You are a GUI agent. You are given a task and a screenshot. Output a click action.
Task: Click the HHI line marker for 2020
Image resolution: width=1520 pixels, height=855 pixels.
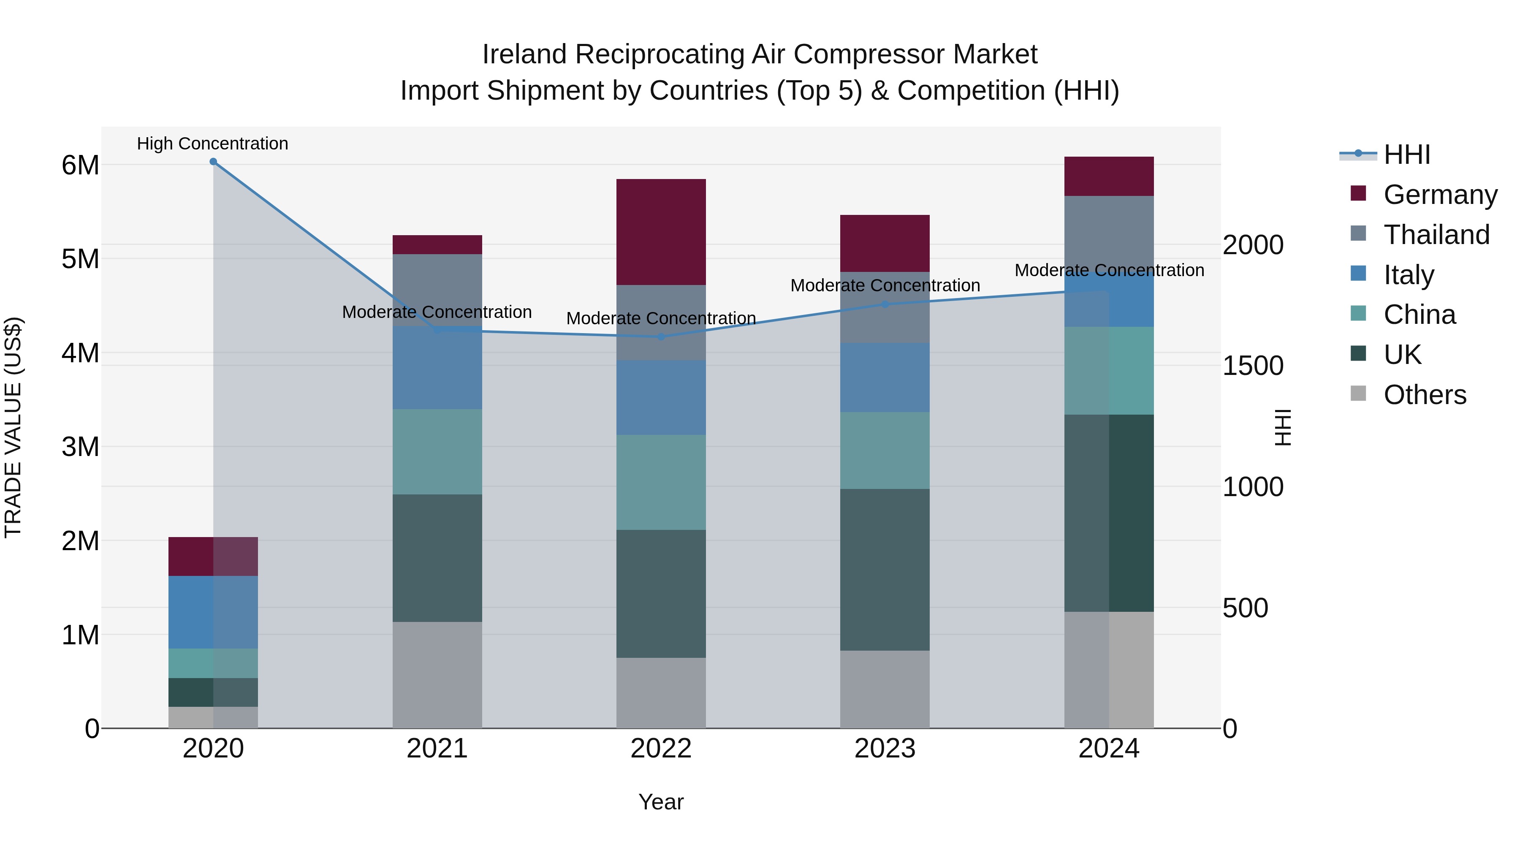(x=213, y=162)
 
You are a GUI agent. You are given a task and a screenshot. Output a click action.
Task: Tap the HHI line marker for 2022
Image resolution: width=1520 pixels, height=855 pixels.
(x=661, y=337)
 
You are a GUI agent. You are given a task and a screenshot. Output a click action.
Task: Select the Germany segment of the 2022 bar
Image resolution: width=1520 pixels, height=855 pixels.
(x=661, y=232)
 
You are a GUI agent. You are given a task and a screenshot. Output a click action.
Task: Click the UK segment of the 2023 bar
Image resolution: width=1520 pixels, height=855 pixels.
(x=885, y=570)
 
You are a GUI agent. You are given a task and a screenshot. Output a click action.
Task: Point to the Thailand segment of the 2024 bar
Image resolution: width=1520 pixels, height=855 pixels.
(x=1109, y=233)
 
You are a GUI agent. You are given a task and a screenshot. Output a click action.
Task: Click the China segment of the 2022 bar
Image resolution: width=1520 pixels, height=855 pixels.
(x=661, y=482)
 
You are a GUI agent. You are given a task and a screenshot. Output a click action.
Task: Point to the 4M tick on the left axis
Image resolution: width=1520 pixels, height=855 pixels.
(x=80, y=353)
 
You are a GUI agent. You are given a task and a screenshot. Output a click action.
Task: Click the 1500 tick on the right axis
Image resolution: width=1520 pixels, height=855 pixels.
(x=1252, y=366)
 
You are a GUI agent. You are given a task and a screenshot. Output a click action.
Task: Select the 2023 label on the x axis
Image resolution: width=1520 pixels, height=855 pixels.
(x=885, y=749)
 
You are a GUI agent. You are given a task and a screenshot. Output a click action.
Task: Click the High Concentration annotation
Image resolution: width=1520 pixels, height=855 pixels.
(x=212, y=144)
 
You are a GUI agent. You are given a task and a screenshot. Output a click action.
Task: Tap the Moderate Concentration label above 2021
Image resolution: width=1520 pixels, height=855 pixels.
(x=437, y=312)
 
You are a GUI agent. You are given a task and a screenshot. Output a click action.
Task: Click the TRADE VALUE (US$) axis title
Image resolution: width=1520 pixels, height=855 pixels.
(x=13, y=427)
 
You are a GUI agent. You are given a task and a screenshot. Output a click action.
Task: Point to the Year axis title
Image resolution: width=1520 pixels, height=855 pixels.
(x=661, y=802)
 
